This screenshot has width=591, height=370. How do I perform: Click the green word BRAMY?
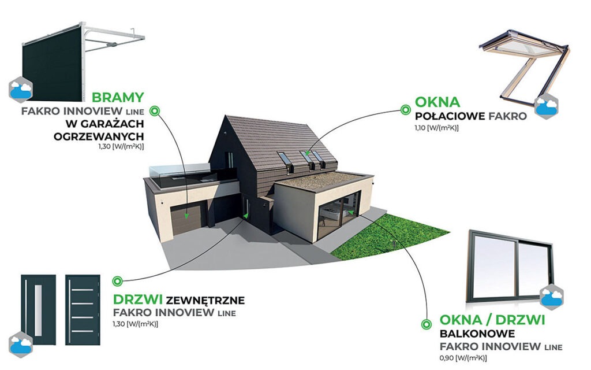pos(118,97)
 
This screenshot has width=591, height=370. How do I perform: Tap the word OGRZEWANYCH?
pos(99,136)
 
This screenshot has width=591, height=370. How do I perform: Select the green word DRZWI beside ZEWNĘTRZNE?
pos(138,300)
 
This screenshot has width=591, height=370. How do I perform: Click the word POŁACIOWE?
pos(450,116)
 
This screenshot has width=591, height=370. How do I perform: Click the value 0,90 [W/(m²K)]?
pos(463,357)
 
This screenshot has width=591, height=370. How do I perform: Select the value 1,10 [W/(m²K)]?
pos(437,128)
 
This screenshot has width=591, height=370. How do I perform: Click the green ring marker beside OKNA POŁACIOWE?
pos(406,110)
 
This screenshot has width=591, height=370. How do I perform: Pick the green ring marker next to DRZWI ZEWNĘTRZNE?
pos(117,281)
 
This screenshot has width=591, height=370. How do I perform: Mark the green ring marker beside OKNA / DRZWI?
pos(427,324)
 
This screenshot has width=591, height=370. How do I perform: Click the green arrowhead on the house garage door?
pos(186,216)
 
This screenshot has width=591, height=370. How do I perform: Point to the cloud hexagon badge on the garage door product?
pos(20,90)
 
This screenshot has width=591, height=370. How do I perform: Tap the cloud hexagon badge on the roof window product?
pos(547,107)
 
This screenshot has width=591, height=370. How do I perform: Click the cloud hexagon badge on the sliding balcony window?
pos(551,297)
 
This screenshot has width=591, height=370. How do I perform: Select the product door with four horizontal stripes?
pos(83,310)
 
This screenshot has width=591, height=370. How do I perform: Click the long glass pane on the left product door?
pos(39,310)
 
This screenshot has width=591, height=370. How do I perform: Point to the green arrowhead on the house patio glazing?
pos(351,212)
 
